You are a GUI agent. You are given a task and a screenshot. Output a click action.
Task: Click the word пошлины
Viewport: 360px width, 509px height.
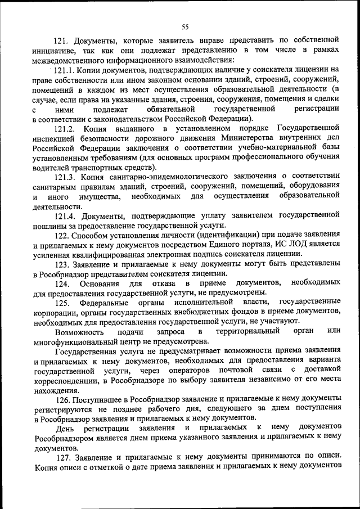[49, 226]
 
